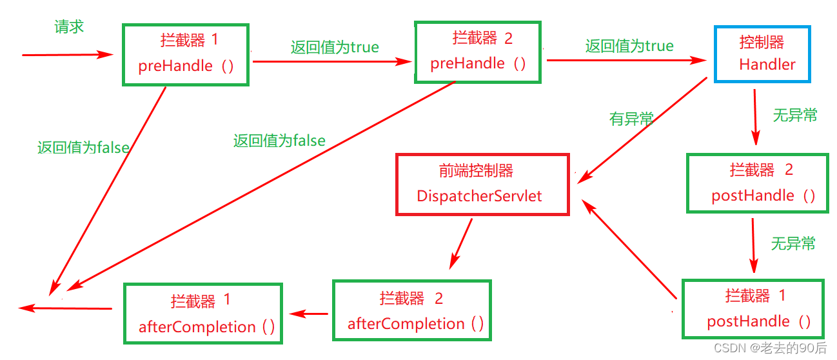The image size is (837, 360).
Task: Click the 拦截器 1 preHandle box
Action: pyautogui.click(x=186, y=55)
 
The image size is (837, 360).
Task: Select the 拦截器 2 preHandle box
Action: pyautogui.click(x=478, y=52)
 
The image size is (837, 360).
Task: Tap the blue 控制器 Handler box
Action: pyautogui.click(x=762, y=54)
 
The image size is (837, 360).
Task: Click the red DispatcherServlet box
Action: pyautogui.click(x=482, y=185)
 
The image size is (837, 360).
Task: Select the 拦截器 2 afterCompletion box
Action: pyautogui.click(x=413, y=310)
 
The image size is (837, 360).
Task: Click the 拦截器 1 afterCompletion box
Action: pyautogui.click(x=202, y=314)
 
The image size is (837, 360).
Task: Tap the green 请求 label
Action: pyautogui.click(x=69, y=27)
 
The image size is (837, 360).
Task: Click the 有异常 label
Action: pyautogui.click(x=631, y=119)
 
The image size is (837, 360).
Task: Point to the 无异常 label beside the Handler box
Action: pyautogui.click(x=795, y=115)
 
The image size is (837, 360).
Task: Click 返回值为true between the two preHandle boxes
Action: pyautogui.click(x=334, y=47)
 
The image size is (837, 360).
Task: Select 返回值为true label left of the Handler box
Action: pyautogui.click(x=629, y=46)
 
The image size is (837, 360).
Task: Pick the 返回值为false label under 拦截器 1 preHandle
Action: pyautogui.click(x=83, y=148)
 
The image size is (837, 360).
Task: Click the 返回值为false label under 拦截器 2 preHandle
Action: pyautogui.click(x=279, y=141)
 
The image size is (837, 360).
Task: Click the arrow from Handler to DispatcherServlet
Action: pyautogui.click(x=645, y=129)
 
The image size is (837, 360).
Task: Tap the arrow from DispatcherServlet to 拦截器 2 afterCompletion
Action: pyautogui.click(x=462, y=243)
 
